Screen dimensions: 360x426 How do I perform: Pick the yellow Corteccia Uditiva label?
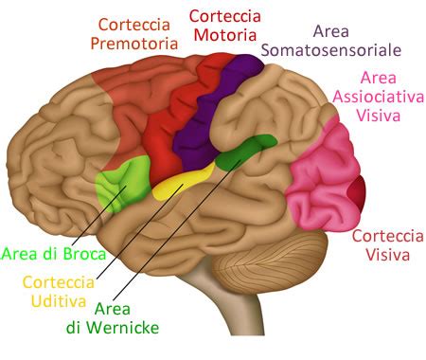click(x=58, y=291)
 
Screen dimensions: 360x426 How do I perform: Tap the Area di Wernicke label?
click(x=126, y=318)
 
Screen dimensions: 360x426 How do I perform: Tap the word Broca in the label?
click(x=65, y=253)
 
